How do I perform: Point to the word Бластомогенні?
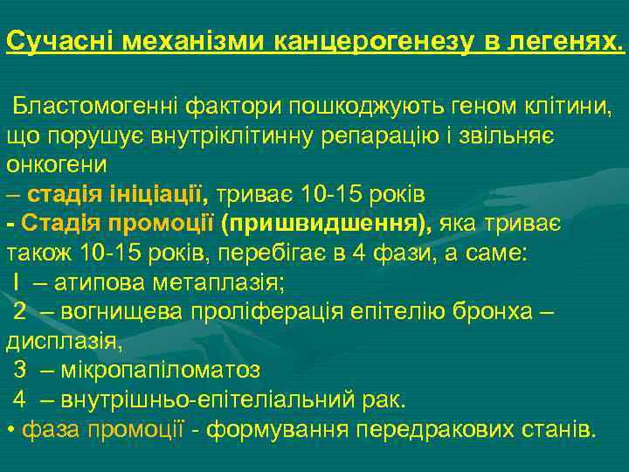point(95,107)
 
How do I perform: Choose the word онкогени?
point(57,164)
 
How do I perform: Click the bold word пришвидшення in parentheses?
point(326,223)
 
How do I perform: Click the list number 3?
point(19,371)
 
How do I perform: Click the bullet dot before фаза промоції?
point(9,430)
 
